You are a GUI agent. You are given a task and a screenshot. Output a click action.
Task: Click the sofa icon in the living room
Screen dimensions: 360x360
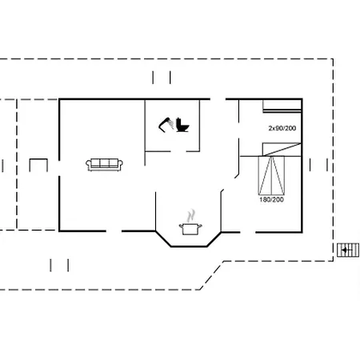pyautogui.click(x=104, y=165)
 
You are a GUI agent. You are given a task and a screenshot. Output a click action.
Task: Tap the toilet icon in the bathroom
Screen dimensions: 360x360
pyautogui.click(x=182, y=125)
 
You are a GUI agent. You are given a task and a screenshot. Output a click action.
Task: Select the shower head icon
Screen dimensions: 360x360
pyautogui.click(x=166, y=125)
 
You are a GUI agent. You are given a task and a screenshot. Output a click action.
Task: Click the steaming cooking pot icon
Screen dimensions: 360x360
pyautogui.click(x=190, y=229)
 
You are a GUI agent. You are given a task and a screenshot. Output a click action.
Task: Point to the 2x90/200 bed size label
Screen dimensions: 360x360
pyautogui.click(x=282, y=128)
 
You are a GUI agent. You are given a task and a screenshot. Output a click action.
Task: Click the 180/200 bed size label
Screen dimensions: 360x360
pyautogui.click(x=271, y=199)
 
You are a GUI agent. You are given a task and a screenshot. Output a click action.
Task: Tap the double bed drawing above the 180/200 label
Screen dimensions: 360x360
pyautogui.click(x=271, y=175)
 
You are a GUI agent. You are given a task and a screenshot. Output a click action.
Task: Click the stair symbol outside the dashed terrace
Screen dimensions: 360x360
pyautogui.click(x=348, y=250)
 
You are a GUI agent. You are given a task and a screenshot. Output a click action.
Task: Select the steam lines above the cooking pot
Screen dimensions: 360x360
pyautogui.click(x=191, y=216)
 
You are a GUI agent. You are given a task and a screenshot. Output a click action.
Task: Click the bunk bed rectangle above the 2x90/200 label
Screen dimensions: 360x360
pyautogui.click(x=282, y=106)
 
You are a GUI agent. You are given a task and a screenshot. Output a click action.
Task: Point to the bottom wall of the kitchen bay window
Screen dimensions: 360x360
pyautogui.click(x=189, y=246)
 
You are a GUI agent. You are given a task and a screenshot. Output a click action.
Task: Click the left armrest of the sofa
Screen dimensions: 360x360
pyautogui.click(x=88, y=164)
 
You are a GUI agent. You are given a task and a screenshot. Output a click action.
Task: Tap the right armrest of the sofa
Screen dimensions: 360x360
pyautogui.click(x=120, y=164)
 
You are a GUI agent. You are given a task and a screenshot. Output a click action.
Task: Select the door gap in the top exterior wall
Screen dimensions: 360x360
pyautogui.click(x=218, y=99)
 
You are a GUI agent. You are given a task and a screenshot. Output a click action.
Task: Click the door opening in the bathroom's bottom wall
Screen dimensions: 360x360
pyautogui.click(x=178, y=151)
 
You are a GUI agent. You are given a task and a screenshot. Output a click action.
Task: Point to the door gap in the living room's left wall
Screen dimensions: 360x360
pyautogui.click(x=59, y=168)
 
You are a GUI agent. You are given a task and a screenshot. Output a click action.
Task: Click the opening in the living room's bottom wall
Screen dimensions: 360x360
pyautogui.click(x=114, y=231)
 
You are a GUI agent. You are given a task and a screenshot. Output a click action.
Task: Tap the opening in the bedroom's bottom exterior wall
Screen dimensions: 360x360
pyautogui.click(x=248, y=232)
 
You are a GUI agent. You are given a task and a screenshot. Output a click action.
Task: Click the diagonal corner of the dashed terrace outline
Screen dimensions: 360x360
pyautogui.click(x=212, y=275)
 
